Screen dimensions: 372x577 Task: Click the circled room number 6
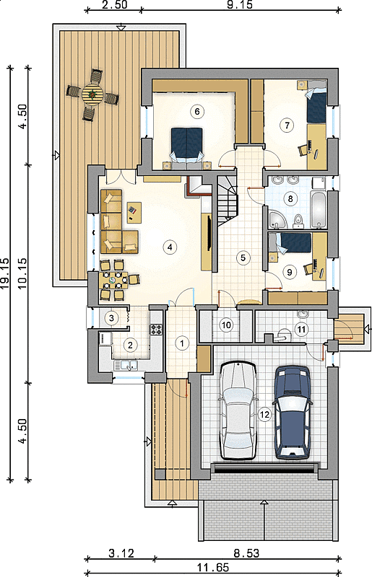[x=197, y=111]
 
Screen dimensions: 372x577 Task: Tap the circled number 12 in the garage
[x=264, y=415]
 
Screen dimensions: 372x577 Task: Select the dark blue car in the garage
[x=293, y=413]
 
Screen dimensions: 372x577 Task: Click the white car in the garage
[x=238, y=410]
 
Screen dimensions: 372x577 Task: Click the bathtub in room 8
[x=318, y=208]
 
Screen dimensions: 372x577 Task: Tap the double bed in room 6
[x=187, y=146]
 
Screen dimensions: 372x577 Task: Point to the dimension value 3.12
[x=121, y=552]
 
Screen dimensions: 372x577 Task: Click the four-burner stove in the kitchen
[x=156, y=329]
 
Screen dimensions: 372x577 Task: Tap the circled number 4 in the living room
[x=170, y=247]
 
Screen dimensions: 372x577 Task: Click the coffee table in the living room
[x=134, y=212]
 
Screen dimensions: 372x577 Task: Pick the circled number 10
[x=226, y=325]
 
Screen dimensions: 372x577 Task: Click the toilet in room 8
[x=298, y=219]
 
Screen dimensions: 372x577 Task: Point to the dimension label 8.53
[x=246, y=552]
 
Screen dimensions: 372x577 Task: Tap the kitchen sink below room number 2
[x=126, y=366]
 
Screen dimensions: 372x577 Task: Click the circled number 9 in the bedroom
[x=289, y=272]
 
